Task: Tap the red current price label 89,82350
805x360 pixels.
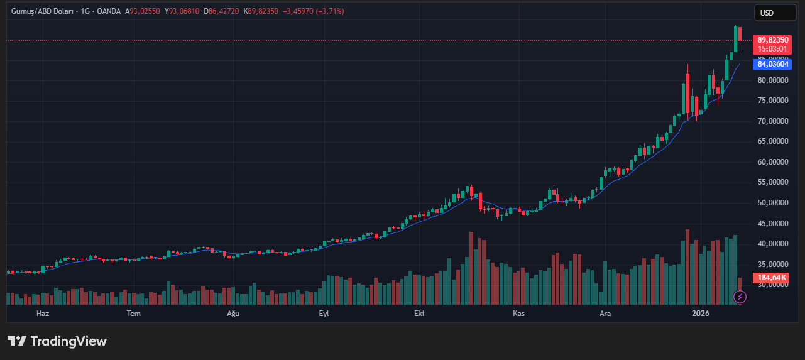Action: tap(772, 40)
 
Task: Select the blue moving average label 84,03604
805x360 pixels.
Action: tap(772, 63)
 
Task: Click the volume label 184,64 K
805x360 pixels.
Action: tap(772, 277)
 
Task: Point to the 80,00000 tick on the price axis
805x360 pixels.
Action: tap(772, 80)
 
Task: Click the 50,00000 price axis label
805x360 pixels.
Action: tap(772, 203)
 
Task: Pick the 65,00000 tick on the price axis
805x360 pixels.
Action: tap(772, 141)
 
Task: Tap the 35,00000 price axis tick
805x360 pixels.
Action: tap(772, 265)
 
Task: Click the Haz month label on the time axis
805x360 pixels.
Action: tap(43, 313)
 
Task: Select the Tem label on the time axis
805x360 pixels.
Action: tap(134, 313)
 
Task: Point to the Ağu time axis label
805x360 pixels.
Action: tap(233, 313)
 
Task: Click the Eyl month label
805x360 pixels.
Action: tap(324, 313)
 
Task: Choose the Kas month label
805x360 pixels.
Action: tap(518, 313)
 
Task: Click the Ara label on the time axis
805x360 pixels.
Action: tap(605, 313)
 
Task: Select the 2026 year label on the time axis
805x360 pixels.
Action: tap(700, 313)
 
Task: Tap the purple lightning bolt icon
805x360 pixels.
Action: tap(740, 297)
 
